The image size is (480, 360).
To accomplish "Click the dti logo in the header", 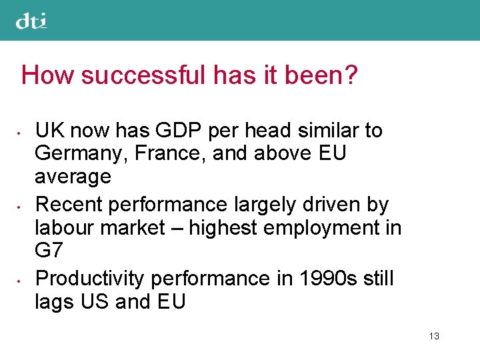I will pyautogui.click(x=31, y=21).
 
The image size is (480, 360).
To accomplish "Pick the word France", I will pyautogui.click(x=158, y=153).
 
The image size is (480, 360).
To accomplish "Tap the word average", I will pyautogui.click(x=73, y=177).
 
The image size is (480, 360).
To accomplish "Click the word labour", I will pyautogui.click(x=65, y=227).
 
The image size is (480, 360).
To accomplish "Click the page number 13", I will pyautogui.click(x=434, y=336).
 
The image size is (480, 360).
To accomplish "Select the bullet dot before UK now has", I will pyautogui.click(x=23, y=131).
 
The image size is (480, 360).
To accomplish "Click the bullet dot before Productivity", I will pyautogui.click(x=23, y=279).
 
